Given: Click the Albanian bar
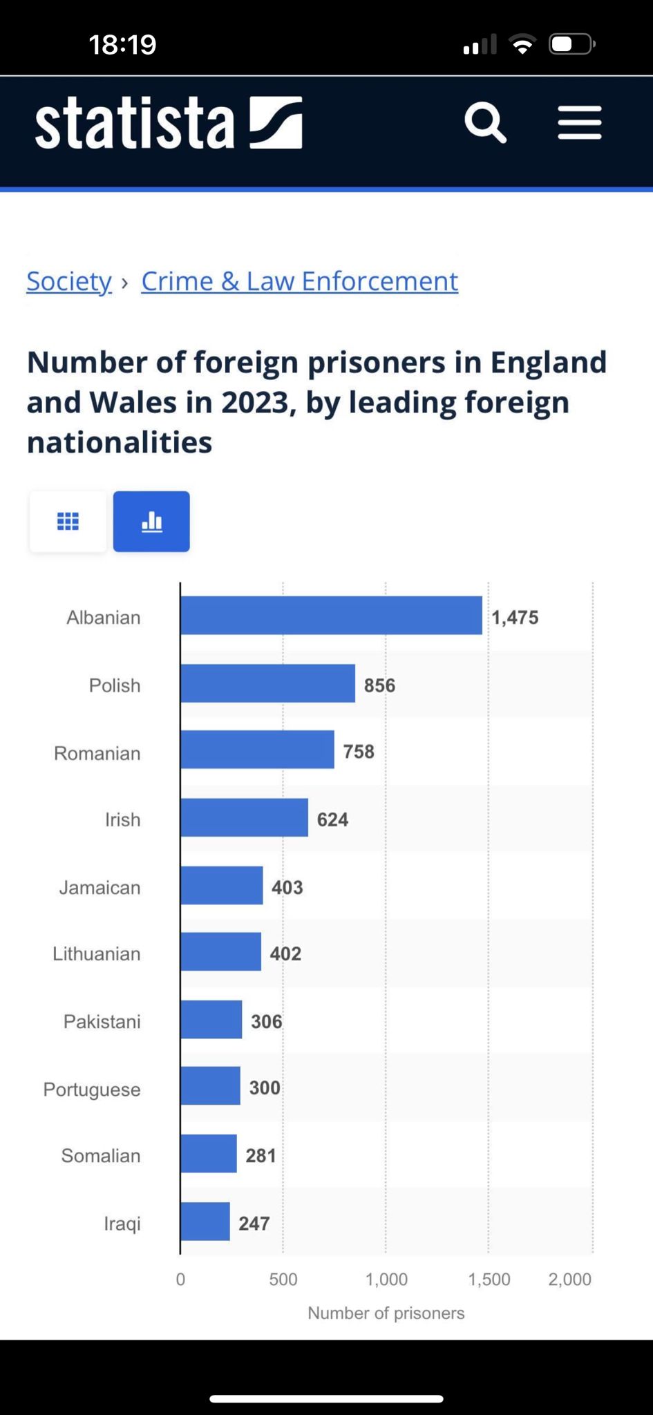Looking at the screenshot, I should [x=331, y=615].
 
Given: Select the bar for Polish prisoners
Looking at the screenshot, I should [x=267, y=683].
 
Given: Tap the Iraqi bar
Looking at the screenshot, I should [x=205, y=1221].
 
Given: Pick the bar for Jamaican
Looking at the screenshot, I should [x=221, y=885].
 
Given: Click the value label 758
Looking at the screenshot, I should [x=359, y=751].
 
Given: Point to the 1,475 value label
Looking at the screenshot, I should [x=515, y=617].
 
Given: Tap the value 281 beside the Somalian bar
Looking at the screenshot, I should [x=261, y=1155].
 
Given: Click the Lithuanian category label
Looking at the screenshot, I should [x=97, y=953].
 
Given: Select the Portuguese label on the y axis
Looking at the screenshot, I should [x=92, y=1089].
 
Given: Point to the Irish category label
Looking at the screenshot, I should [x=122, y=819].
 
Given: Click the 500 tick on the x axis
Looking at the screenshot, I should [x=283, y=1279].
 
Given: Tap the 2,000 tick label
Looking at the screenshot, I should [x=569, y=1279].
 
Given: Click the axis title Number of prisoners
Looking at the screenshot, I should [x=386, y=1313].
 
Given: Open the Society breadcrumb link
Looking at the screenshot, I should [x=69, y=281].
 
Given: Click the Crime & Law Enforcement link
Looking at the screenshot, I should [x=299, y=281].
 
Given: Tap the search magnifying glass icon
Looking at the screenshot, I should [x=485, y=123].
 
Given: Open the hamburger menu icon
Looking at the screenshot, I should [x=580, y=123].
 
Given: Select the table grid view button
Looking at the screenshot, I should [x=68, y=521].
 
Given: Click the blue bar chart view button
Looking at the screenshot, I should [x=151, y=521].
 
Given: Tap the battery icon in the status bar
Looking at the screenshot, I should [x=571, y=45].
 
